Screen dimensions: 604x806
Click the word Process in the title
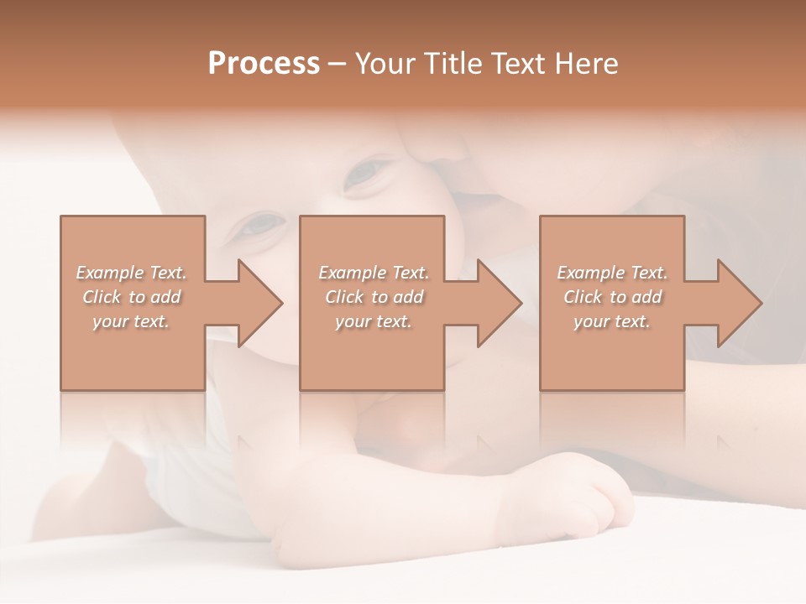click(x=264, y=64)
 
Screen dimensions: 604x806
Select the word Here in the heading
click(x=585, y=64)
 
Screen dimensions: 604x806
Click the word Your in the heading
click(x=385, y=64)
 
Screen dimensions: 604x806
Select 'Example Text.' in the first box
click(x=132, y=273)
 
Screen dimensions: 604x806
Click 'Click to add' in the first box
click(x=132, y=297)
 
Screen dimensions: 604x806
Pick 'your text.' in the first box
click(x=132, y=321)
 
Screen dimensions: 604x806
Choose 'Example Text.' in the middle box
click(x=374, y=273)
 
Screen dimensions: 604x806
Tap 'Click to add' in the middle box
click(x=374, y=297)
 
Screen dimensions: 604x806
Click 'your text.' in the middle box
click(x=374, y=321)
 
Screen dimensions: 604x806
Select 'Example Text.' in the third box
click(x=612, y=273)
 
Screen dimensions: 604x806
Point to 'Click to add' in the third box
click(x=612, y=297)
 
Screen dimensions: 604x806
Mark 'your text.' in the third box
click(x=612, y=321)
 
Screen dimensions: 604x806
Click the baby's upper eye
click(x=366, y=172)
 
